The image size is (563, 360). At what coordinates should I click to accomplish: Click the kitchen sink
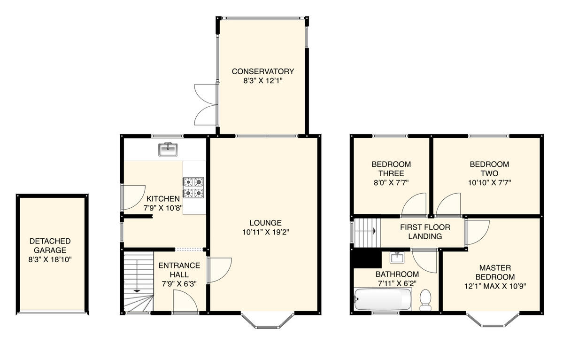[x=168, y=149]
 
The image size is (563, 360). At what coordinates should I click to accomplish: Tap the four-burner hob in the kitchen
[x=193, y=188]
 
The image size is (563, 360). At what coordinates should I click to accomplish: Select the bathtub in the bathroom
[x=383, y=299]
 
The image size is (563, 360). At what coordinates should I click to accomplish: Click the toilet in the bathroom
[x=425, y=299]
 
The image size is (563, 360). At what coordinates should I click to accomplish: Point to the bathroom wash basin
[x=397, y=257]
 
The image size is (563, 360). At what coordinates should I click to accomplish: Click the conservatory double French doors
[x=206, y=104]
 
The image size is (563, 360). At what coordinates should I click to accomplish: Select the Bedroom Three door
[x=415, y=207]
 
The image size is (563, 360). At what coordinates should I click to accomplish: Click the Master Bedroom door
[x=476, y=232]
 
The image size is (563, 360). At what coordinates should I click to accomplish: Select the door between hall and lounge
[x=218, y=270]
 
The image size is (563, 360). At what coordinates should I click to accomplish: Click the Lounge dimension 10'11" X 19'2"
[x=265, y=232]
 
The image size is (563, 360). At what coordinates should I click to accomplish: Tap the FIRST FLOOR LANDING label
[x=424, y=232]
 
